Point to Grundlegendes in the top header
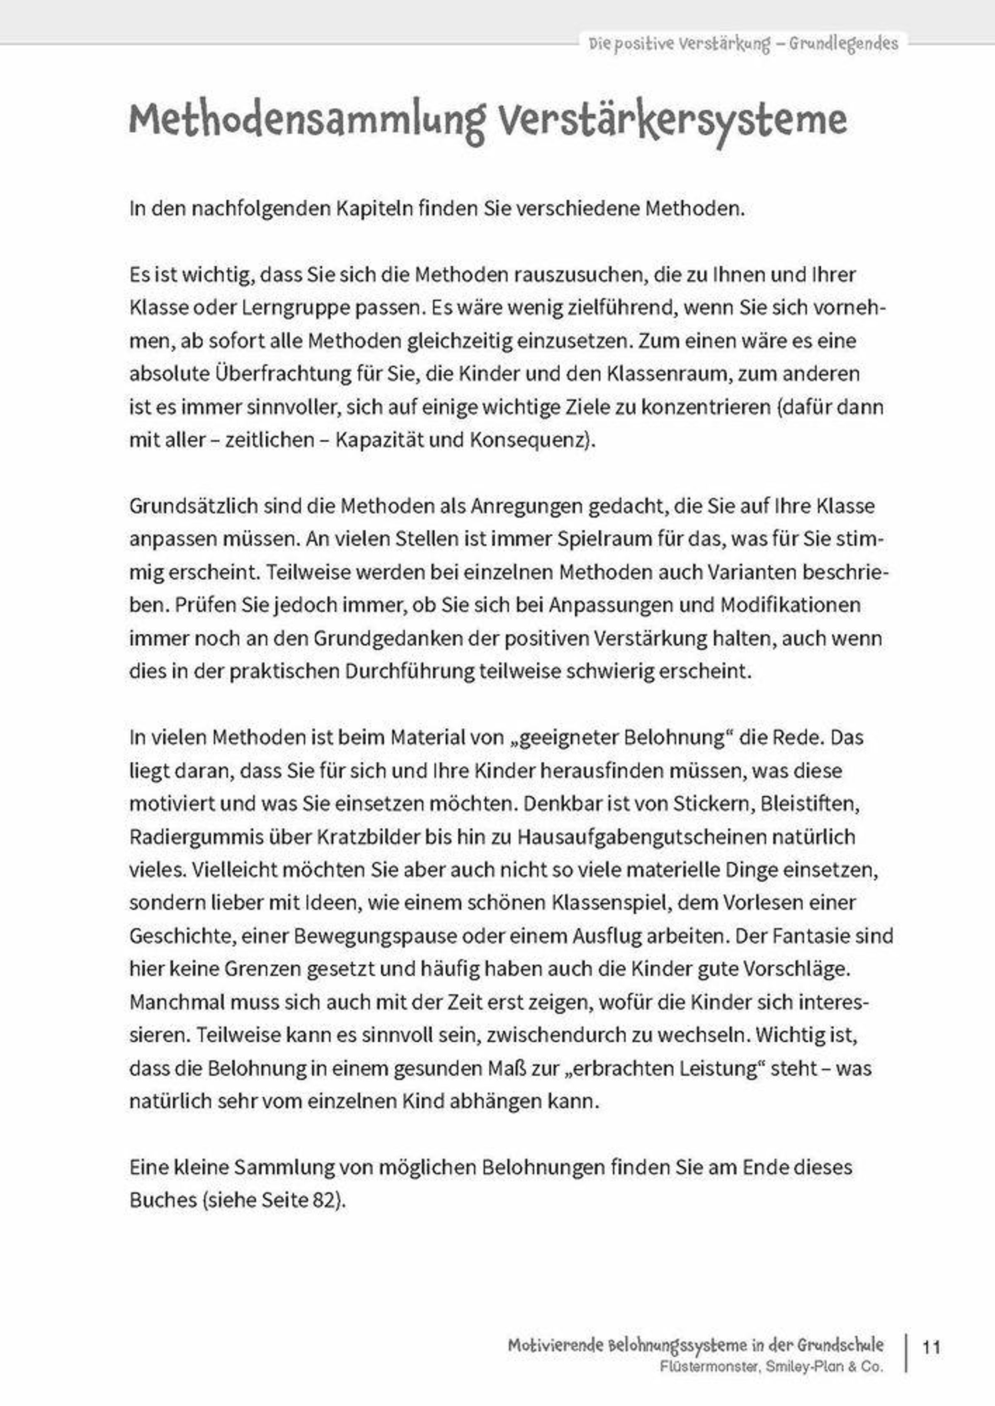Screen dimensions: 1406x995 843,44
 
